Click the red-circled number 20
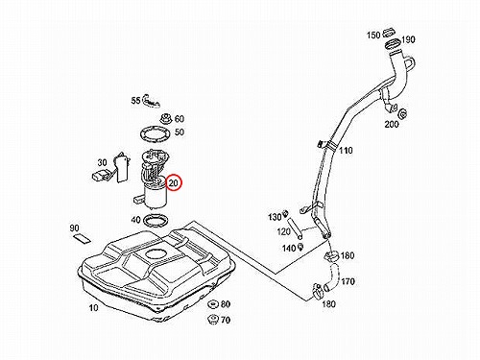tap(173, 183)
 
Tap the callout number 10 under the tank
tap(93, 308)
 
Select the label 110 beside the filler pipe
tap(346, 151)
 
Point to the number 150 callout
tap(373, 35)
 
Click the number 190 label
tap(408, 39)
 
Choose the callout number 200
tap(392, 124)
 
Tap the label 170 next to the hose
tap(348, 281)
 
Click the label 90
tap(74, 228)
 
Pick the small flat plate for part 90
tap(83, 238)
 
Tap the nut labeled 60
tap(166, 118)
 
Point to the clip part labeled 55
tap(151, 101)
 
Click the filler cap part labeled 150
tap(389, 32)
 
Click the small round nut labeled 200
tap(402, 114)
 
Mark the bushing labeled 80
tap(212, 304)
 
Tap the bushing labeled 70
tap(212, 319)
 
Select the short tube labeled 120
tap(295, 228)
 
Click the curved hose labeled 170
tap(333, 277)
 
